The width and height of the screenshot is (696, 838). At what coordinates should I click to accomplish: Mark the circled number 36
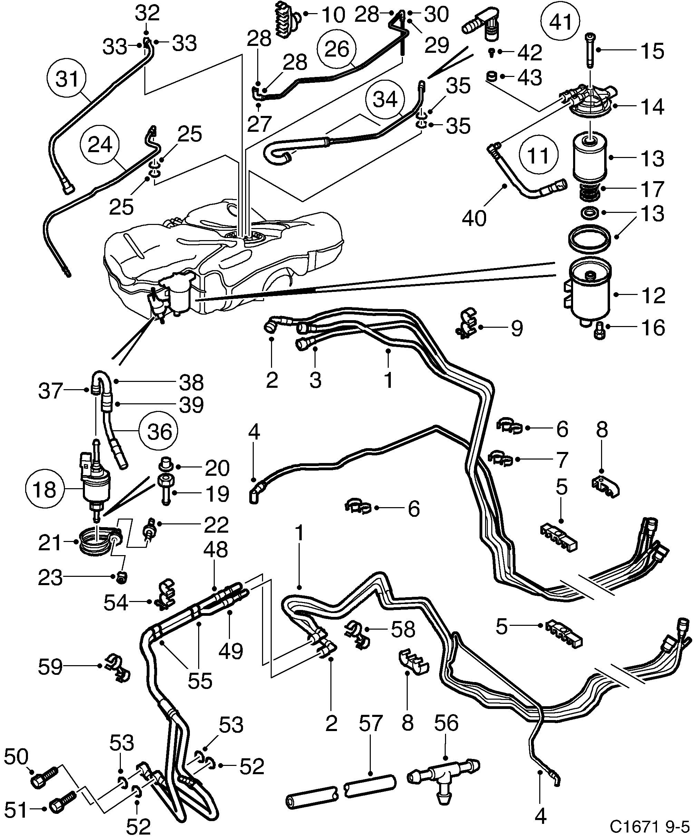point(158,431)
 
